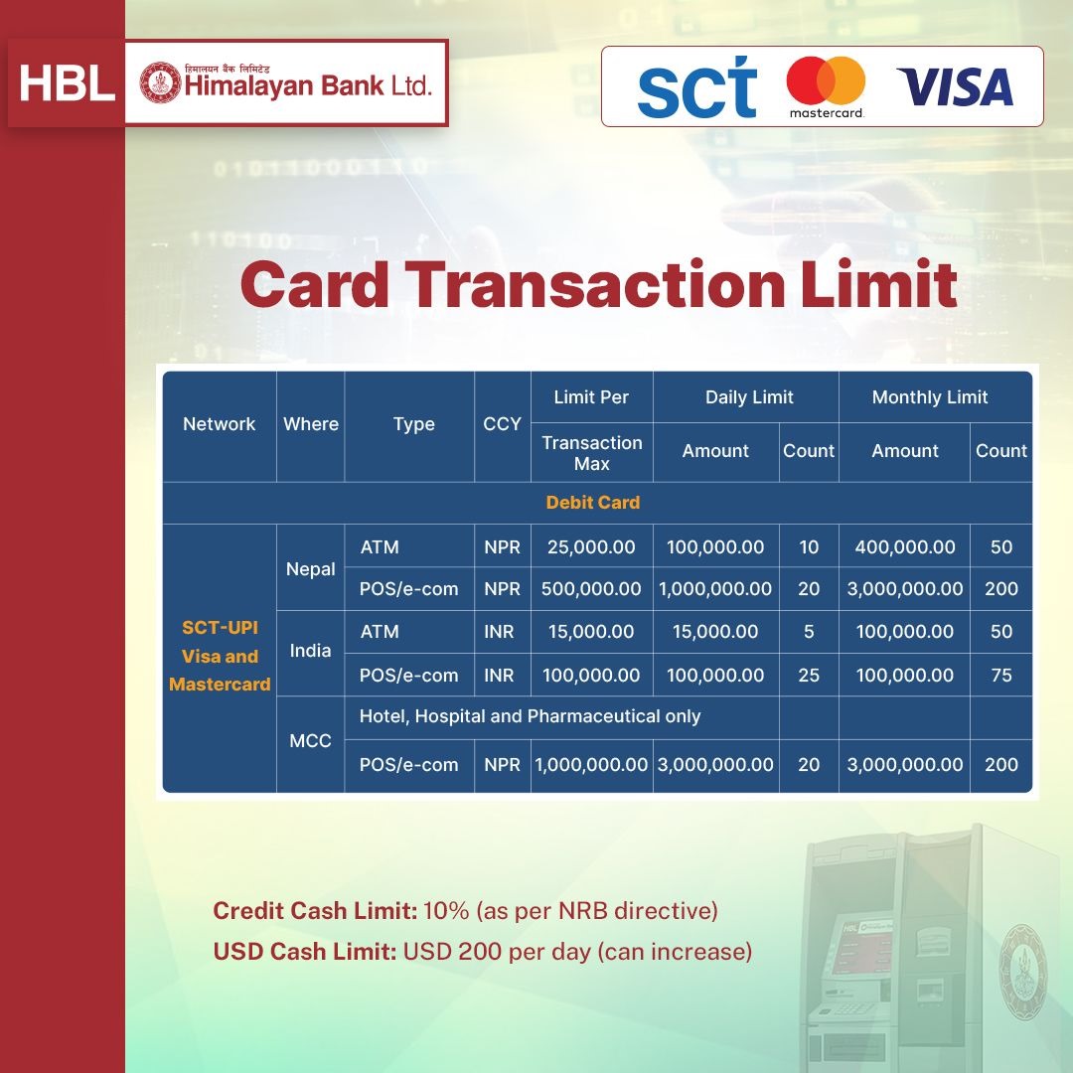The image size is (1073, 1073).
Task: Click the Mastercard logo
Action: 826,86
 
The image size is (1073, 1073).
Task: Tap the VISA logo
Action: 955,86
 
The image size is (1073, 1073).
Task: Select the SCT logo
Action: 696,86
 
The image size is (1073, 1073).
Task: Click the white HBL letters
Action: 68,82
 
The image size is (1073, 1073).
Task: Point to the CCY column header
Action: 502,424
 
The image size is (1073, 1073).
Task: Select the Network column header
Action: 219,424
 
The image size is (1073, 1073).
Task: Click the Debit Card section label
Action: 592,503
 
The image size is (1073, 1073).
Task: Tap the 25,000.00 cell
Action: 591,546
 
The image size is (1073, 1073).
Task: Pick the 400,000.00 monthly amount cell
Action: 905,546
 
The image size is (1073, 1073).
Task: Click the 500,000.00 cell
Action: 591,588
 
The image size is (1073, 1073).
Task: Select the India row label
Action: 310,650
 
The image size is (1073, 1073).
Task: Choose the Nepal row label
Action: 310,569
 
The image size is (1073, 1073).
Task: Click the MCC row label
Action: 310,740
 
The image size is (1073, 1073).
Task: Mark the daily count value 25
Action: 808,676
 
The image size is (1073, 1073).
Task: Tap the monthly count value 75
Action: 1001,676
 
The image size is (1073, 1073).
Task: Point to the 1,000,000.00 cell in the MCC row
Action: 591,764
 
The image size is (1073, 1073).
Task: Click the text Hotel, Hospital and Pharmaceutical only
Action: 530,716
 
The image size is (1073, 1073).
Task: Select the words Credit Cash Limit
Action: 315,911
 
